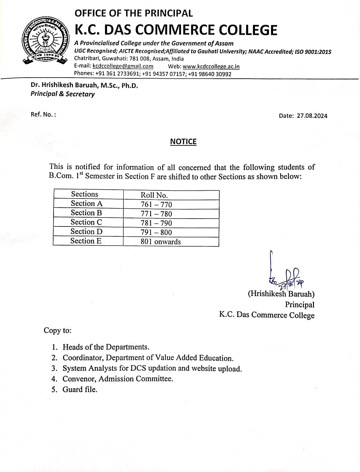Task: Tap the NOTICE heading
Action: tap(183, 142)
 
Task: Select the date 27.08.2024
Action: tap(312, 116)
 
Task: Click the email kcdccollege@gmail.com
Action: tap(123, 66)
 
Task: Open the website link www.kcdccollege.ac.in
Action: tap(211, 66)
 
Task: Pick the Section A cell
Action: tap(87, 204)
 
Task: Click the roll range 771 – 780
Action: tap(156, 214)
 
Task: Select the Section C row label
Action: tap(86, 222)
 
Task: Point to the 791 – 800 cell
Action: tap(156, 233)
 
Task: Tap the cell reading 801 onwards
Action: tap(161, 242)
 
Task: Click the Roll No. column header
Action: tap(154, 195)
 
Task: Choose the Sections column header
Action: tap(85, 194)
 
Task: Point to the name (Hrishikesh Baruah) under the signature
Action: tap(281, 294)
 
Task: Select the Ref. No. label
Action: tap(43, 114)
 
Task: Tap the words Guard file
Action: tap(80, 390)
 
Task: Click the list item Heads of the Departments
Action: tap(106, 347)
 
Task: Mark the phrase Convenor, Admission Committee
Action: tap(118, 379)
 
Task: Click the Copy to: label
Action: tap(58, 330)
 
